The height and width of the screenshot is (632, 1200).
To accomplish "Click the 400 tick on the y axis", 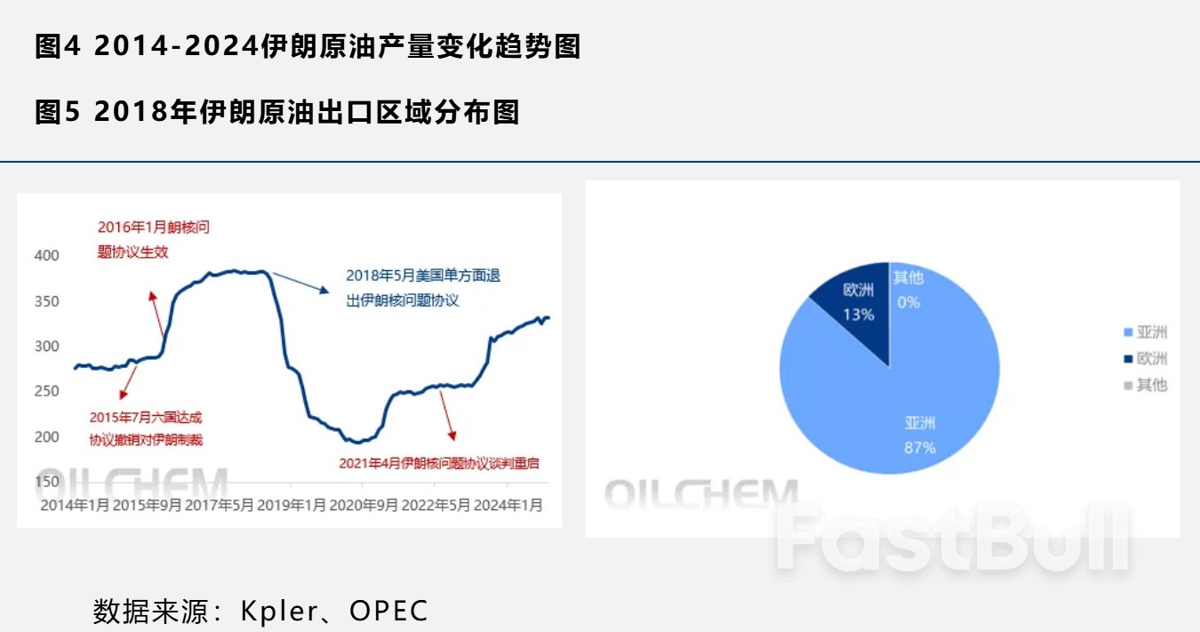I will tap(46, 256).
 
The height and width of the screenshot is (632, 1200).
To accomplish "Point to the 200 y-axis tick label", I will tap(46, 436).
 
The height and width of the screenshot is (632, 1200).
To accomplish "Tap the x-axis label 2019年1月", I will tap(291, 505).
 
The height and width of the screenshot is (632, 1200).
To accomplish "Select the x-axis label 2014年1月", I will tap(76, 505).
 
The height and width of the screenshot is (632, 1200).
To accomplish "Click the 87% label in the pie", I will tap(920, 448).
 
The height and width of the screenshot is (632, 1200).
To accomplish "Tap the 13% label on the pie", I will tap(859, 315).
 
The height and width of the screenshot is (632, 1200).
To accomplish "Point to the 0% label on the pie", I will tap(908, 302).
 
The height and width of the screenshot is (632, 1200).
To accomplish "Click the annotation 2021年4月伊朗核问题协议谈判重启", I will tap(439, 463).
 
